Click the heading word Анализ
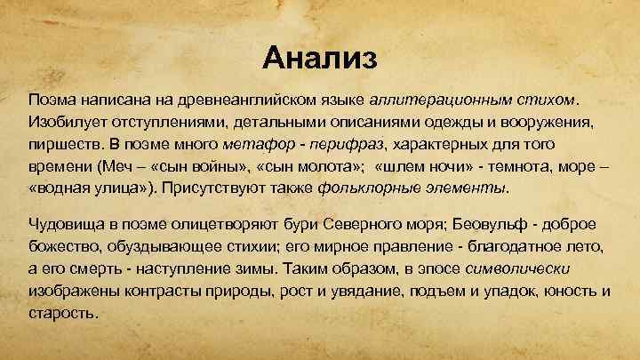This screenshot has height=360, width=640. click(320, 59)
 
